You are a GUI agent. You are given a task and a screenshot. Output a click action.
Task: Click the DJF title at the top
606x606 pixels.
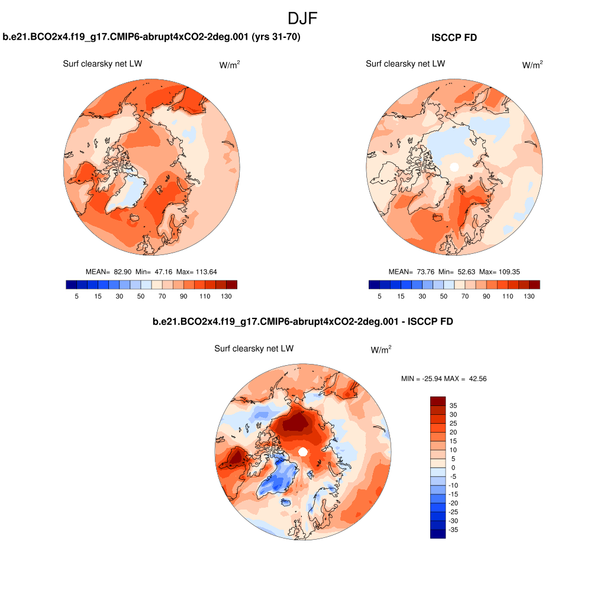[x=302, y=18]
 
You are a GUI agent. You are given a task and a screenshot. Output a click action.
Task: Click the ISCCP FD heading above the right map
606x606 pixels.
[x=454, y=38]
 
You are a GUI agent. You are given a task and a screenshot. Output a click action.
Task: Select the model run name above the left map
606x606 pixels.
[x=151, y=38]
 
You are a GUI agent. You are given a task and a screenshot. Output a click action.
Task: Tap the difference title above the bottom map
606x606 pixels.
[x=302, y=322]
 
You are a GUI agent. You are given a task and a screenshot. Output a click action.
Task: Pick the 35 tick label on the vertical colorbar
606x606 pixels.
[x=453, y=405]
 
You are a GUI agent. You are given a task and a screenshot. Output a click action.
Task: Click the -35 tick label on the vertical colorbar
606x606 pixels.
[x=453, y=530]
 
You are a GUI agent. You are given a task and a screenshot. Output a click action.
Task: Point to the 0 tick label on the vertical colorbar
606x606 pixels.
[x=453, y=468]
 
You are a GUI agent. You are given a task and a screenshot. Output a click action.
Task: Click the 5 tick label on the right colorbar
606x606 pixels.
[x=379, y=296]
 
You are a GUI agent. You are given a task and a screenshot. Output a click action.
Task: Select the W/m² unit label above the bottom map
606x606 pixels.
[x=381, y=350]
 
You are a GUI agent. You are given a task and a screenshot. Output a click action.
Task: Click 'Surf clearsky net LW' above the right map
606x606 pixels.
[x=405, y=64]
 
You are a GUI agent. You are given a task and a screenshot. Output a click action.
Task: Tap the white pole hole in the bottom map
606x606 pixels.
[x=302, y=452]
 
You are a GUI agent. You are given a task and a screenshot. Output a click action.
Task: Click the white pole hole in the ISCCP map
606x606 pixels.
[x=454, y=167]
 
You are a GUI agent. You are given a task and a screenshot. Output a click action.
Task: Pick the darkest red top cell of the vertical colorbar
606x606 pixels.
[x=437, y=401]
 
